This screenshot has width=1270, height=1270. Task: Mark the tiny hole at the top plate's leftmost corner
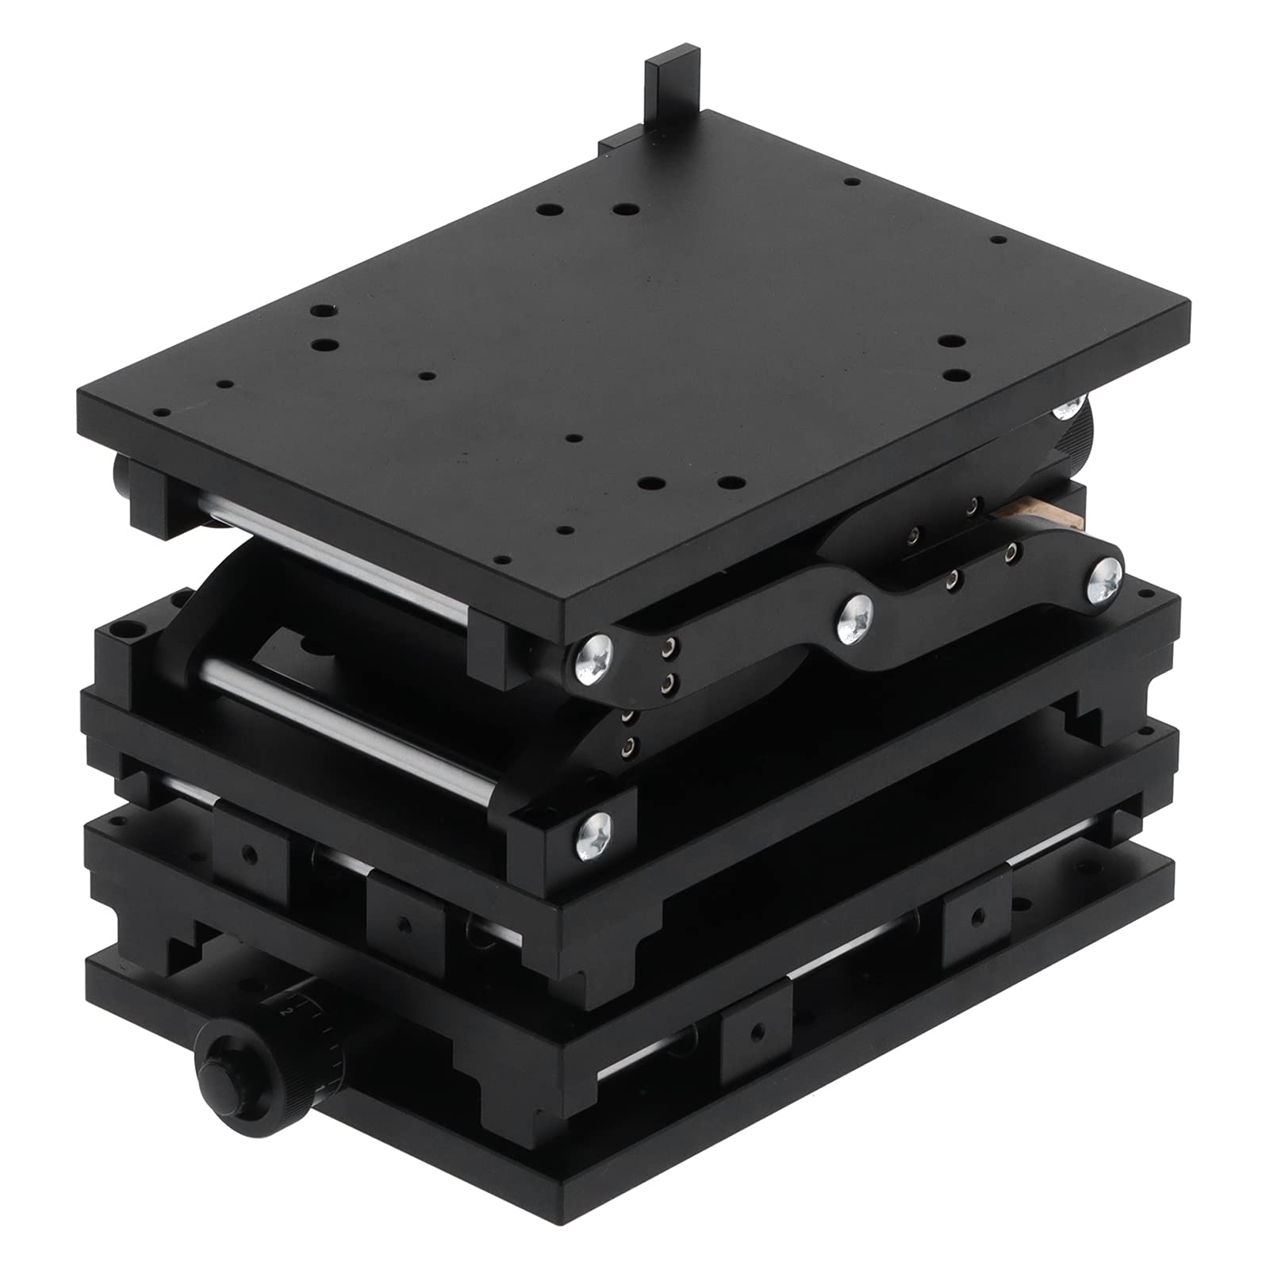point(162,413)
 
